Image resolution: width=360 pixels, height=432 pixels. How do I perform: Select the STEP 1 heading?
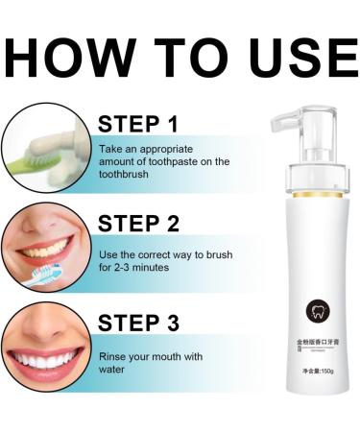click(138, 125)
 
